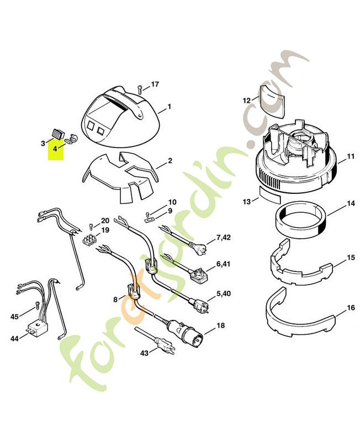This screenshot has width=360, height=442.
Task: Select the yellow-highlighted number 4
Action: click(x=55, y=149)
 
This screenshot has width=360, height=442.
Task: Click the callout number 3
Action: click(x=43, y=143)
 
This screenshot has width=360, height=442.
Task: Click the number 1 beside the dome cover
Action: click(x=170, y=107)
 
